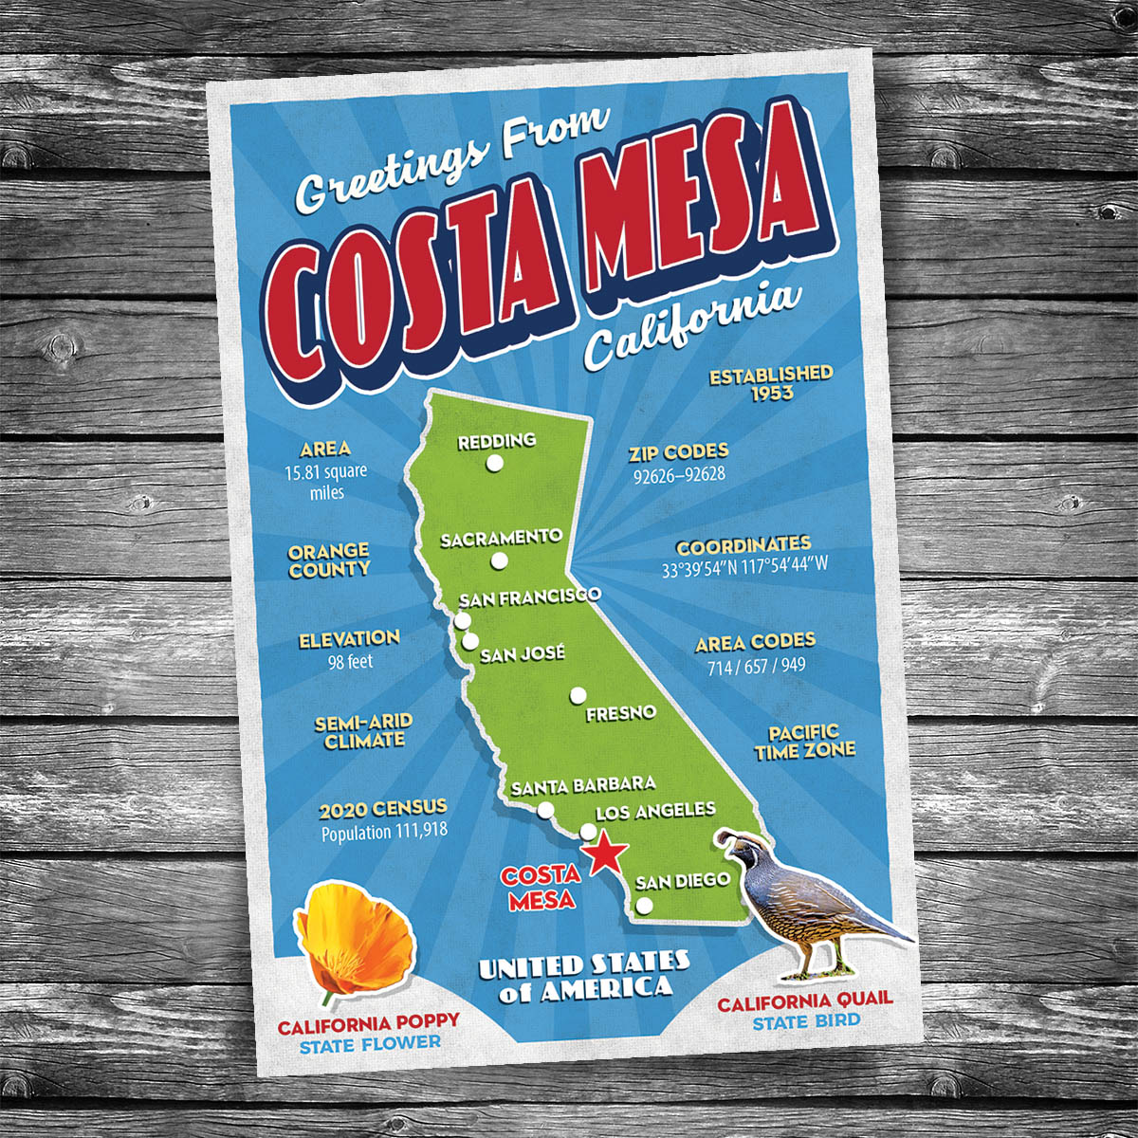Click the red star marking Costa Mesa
(x=604, y=855)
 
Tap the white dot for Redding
(x=494, y=464)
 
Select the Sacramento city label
(x=501, y=538)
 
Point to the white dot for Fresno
(x=578, y=696)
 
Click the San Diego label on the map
(x=683, y=880)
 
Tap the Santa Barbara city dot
(x=545, y=810)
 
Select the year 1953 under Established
(x=771, y=393)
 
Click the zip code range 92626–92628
(x=679, y=473)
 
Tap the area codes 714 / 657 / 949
(x=756, y=666)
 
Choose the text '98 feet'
(x=350, y=661)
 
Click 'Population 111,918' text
(x=384, y=833)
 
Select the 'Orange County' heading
(x=329, y=560)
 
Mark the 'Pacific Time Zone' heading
(x=804, y=741)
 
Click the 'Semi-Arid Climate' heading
(x=363, y=731)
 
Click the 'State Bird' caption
(x=806, y=1021)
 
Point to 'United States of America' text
(x=582, y=976)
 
